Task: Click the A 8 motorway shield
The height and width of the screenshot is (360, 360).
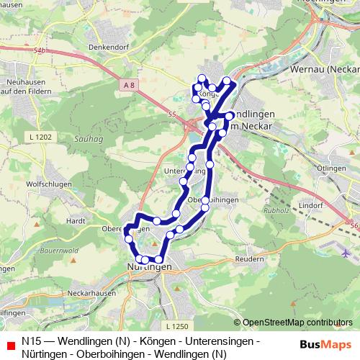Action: point(129,86)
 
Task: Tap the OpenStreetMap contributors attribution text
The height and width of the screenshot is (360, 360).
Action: point(293,323)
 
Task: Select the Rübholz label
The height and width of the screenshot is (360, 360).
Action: point(256,212)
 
